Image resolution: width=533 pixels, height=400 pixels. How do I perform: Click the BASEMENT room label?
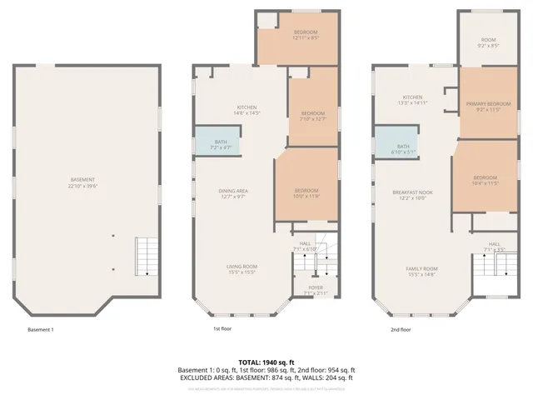82,180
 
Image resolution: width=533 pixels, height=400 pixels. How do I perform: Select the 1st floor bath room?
219,143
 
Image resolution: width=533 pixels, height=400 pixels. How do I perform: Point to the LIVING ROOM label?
242,267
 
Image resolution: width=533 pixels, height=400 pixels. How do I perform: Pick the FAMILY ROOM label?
421,270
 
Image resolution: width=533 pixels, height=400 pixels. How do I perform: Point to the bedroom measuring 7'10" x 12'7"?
312,115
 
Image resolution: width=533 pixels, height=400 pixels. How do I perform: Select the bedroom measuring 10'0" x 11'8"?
306,192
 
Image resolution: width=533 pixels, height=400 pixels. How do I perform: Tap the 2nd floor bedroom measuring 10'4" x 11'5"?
485,179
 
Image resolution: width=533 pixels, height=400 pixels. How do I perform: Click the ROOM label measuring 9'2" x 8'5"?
488,42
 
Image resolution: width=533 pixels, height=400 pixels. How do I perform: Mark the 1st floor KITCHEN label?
246,108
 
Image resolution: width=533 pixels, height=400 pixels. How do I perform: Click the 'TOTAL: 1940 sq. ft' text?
266,362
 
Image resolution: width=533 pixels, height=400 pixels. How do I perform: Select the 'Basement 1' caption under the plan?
40,330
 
